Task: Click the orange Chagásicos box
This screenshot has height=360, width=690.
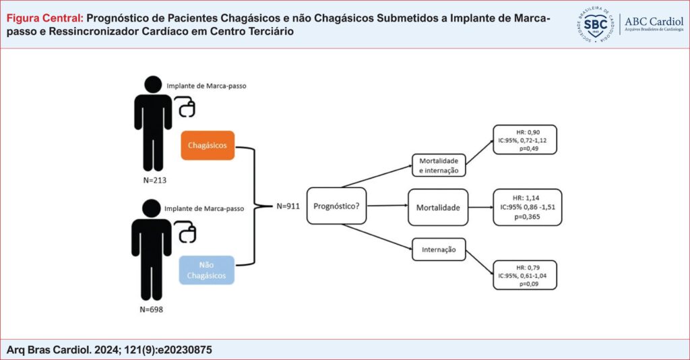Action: point(207,145)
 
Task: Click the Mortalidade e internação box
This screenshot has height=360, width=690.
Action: point(438,166)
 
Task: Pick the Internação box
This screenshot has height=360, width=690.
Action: point(439,249)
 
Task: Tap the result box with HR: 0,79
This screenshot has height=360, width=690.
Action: point(525,274)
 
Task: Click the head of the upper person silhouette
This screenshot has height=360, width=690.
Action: point(152,84)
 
